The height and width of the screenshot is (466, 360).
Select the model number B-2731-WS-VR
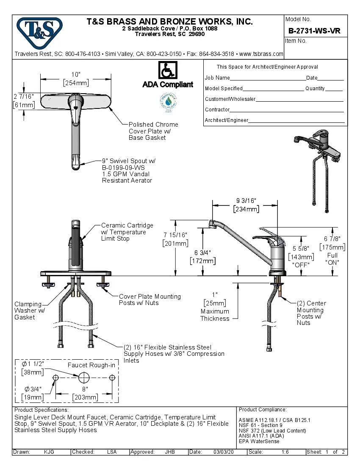click(x=314, y=31)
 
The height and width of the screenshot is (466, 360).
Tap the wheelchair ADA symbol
click(x=168, y=70)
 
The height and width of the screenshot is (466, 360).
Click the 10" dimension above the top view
click(x=75, y=74)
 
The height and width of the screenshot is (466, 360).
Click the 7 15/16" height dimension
click(x=175, y=235)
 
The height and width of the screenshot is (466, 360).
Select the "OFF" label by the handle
click(x=301, y=265)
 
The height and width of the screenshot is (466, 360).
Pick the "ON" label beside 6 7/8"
click(x=332, y=262)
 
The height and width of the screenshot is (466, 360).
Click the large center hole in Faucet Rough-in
click(x=83, y=377)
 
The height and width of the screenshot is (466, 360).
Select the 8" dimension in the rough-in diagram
click(x=85, y=389)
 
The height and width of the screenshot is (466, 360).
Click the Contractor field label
click(x=217, y=110)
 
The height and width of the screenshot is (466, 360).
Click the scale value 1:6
click(x=285, y=452)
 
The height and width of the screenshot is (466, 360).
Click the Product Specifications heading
click(x=41, y=410)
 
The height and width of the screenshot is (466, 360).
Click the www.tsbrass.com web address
click(x=261, y=54)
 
